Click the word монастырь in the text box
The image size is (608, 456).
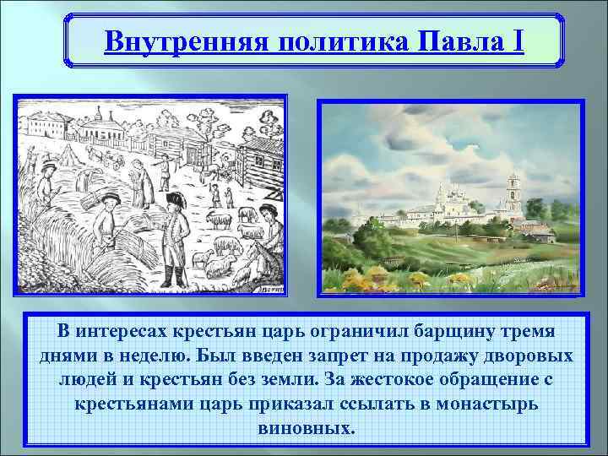tap(489, 404)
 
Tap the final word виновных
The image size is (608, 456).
tap(304, 428)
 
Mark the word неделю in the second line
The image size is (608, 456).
tap(131, 354)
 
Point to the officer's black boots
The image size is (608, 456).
tap(176, 275)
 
